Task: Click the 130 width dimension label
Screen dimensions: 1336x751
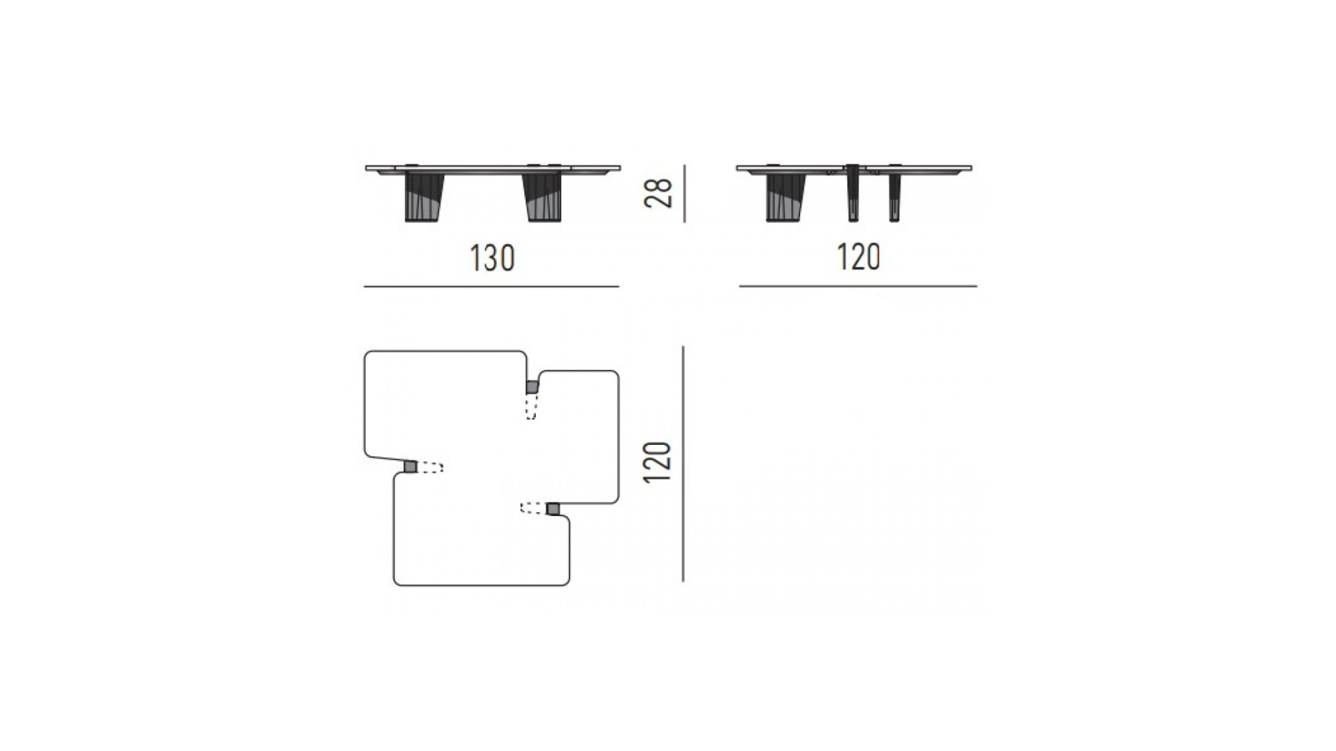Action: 492,258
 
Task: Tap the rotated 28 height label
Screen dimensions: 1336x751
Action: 659,193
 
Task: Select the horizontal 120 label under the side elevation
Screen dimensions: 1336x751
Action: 858,257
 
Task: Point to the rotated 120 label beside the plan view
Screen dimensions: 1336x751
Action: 658,462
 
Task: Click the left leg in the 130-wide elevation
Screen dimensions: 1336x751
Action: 424,197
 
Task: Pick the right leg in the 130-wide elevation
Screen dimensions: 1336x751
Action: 544,197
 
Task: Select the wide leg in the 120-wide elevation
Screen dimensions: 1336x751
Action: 786,197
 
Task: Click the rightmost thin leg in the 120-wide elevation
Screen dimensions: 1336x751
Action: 894,197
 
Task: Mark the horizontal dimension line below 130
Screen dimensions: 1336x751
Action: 491,286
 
